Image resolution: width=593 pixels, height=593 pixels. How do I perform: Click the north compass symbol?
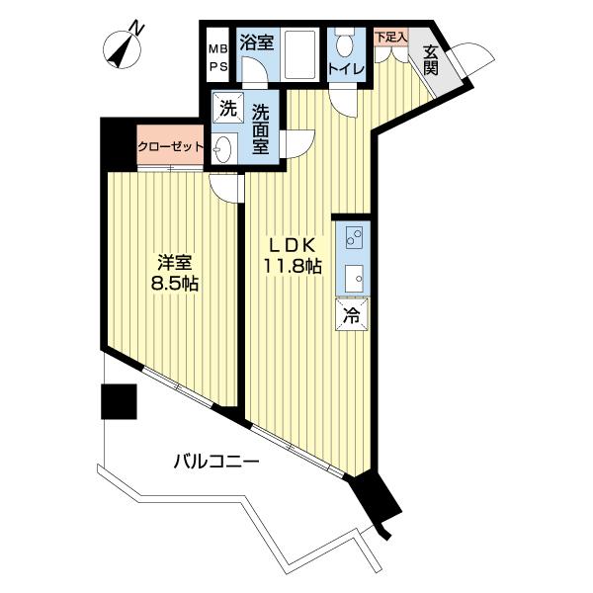coord(123,48)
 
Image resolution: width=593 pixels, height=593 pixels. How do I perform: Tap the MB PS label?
coord(219,58)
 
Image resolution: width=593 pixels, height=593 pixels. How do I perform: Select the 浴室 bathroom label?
coord(257,42)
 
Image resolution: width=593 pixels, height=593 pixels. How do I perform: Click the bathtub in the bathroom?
coord(299,54)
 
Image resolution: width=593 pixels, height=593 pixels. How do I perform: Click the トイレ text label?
coord(347,69)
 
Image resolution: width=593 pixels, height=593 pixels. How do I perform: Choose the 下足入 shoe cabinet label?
coord(391,38)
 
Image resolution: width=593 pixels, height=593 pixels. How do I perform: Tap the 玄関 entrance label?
coord(431,60)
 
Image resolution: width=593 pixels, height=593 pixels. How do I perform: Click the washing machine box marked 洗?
coord(228,109)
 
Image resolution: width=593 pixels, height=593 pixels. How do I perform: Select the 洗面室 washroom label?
coord(261,128)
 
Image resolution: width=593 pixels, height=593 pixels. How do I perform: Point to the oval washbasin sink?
coord(222,149)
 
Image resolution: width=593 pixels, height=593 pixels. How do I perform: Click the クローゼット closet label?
coord(171,146)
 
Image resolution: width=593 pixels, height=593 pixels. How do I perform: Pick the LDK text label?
coord(292,246)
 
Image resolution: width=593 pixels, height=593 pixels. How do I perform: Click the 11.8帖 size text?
coord(293,267)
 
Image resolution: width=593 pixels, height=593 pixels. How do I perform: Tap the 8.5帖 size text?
coord(175,284)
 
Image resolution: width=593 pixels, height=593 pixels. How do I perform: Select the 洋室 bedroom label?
coord(175,263)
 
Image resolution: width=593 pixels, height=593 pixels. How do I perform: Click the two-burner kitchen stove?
coord(354,237)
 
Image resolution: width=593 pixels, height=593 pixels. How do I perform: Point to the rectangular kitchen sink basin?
coord(354,279)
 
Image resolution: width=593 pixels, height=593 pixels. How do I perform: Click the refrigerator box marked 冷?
coord(352,315)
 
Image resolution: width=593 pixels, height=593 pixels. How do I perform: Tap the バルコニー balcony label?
coord(216,462)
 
